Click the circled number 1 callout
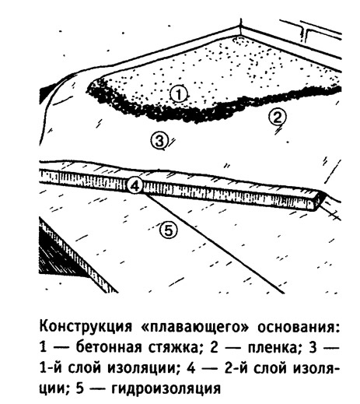coord(179,94)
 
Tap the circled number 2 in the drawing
coord(277,118)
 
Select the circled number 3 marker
coord(159,141)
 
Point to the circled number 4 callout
coord(135,185)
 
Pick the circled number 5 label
coord(169,230)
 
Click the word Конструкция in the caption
coord(86,328)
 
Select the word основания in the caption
coord(297,328)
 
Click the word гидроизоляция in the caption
coord(166,389)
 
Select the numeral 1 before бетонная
coord(44,348)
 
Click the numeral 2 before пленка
coord(214,348)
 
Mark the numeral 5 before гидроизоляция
coord(80,389)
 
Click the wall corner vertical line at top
coord(241,26)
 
